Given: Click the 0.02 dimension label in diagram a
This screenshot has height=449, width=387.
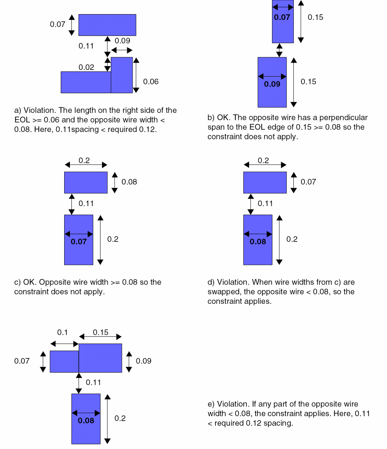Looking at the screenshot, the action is tap(86, 67).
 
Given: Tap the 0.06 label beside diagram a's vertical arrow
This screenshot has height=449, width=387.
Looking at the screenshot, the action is tap(151, 82).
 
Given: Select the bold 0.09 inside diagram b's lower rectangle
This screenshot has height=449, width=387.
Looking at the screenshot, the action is tap(272, 84).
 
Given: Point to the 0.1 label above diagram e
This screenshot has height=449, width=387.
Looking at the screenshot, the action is tap(62, 332).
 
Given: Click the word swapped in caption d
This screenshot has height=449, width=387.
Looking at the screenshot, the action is tap(223, 292).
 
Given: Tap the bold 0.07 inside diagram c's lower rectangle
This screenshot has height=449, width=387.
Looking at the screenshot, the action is tap(79, 242).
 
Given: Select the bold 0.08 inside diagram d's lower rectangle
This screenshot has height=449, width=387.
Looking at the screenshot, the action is tap(258, 242).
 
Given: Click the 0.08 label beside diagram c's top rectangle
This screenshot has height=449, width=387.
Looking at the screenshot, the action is tap(129, 182).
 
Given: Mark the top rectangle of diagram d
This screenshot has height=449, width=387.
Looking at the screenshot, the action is tap(265, 182).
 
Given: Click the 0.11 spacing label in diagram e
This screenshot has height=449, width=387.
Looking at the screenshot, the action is tap(93, 382).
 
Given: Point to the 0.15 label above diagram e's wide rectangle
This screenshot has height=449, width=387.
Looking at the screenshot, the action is tap(100, 332).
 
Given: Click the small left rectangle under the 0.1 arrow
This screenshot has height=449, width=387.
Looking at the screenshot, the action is tap(65, 361).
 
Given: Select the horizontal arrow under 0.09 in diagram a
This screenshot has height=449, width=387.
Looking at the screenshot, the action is tap(121, 50).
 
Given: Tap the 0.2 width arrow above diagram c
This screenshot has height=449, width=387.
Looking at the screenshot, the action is tap(86, 165).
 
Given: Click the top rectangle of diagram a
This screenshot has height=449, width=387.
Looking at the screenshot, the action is tap(107, 25).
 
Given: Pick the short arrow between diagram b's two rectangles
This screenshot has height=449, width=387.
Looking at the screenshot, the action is tap(279, 50).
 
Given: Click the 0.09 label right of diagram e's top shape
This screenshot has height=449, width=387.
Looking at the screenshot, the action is tap(143, 361).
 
